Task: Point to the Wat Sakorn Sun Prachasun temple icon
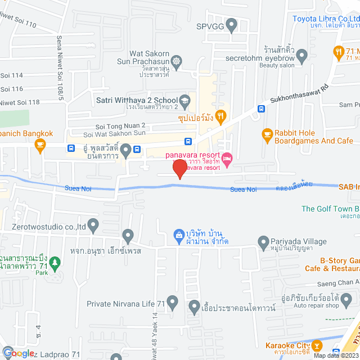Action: click(177, 60)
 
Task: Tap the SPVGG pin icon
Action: click(231, 26)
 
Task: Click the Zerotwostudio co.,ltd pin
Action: click(93, 226)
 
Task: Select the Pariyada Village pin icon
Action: click(263, 242)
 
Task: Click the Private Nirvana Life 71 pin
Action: click(173, 304)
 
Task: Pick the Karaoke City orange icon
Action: click(318, 345)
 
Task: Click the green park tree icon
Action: click(55, 262)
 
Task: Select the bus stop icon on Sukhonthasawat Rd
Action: click(261, 109)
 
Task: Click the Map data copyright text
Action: click(336, 355)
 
